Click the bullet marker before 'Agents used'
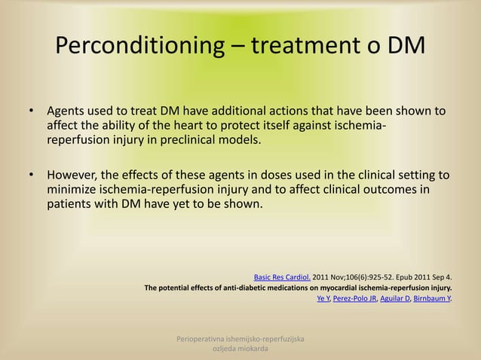[x=32, y=113]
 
